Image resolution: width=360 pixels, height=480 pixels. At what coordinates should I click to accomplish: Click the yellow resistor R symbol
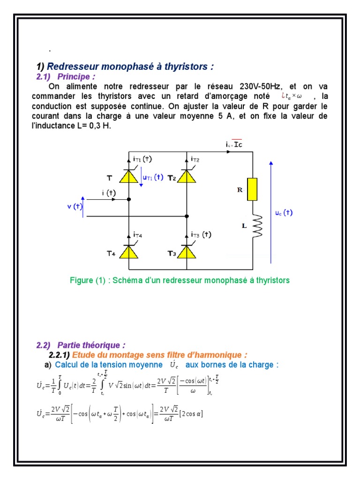click(x=252, y=189)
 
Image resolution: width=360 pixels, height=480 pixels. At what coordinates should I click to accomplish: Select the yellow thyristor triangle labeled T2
click(x=187, y=177)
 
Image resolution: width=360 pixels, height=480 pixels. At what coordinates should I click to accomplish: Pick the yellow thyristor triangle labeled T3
click(x=187, y=252)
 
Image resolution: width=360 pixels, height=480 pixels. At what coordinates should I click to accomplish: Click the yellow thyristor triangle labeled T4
click(x=129, y=252)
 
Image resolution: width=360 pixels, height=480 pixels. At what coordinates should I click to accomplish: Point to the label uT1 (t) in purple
click(x=152, y=178)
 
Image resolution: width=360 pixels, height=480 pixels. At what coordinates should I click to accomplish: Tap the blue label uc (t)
click(x=284, y=212)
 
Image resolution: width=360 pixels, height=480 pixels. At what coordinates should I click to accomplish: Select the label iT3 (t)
click(x=201, y=234)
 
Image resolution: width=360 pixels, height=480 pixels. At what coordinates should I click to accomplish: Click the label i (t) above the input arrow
click(x=108, y=193)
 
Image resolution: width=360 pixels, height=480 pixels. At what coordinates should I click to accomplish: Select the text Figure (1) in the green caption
click(x=88, y=280)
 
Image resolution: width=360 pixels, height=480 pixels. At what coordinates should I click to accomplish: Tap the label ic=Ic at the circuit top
click(x=233, y=145)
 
